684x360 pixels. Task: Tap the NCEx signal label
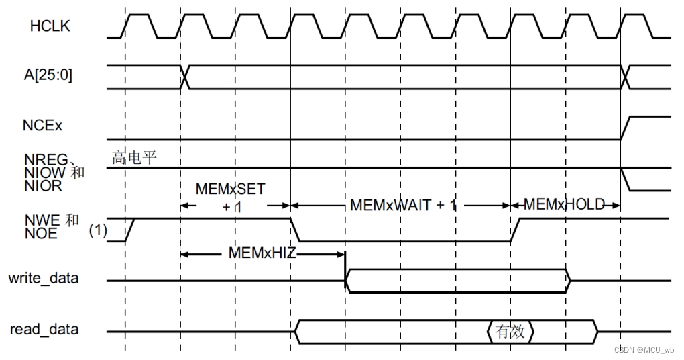click(46, 125)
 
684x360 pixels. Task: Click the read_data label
click(44, 329)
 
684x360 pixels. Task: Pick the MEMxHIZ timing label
click(264, 254)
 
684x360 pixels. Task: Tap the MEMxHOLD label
click(565, 204)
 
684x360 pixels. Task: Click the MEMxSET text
click(230, 189)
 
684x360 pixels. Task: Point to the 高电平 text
click(135, 158)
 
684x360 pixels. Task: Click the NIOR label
click(44, 186)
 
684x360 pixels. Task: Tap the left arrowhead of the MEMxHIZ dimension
click(184, 254)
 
